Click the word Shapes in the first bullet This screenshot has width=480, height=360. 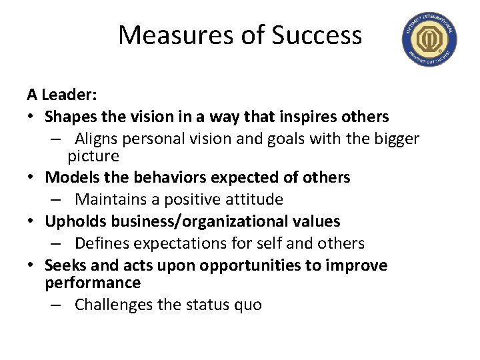(69, 117)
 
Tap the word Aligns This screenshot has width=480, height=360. (97, 139)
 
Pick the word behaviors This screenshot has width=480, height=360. (170, 177)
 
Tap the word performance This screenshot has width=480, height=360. (93, 282)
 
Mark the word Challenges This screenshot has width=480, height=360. (115, 305)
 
